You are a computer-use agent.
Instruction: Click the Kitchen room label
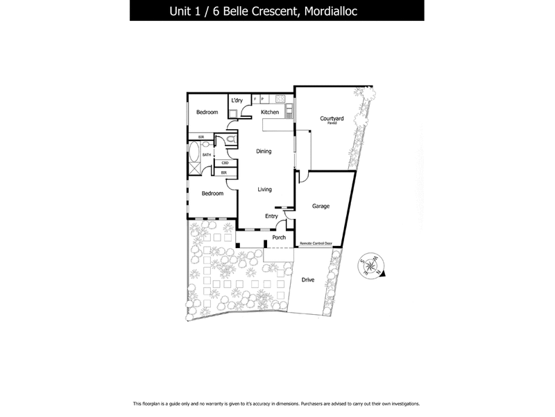pyautogui.click(x=270, y=112)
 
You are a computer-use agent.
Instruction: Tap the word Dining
pyautogui.click(x=264, y=151)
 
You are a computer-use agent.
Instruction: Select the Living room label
pyautogui.click(x=264, y=189)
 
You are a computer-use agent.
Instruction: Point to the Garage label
pyautogui.click(x=321, y=206)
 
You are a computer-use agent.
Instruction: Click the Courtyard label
pyautogui.click(x=332, y=119)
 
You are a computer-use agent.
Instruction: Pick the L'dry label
pyautogui.click(x=237, y=101)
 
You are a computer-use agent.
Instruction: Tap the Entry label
pyautogui.click(x=271, y=216)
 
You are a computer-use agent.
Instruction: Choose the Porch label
pyautogui.click(x=279, y=238)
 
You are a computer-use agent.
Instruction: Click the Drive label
pyautogui.click(x=308, y=279)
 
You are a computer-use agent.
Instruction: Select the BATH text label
pyautogui.click(x=207, y=154)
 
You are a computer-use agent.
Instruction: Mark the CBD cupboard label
pyautogui.click(x=225, y=163)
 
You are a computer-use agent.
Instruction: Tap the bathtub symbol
pyautogui.click(x=194, y=154)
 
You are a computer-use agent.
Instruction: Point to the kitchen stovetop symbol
pyautogui.click(x=280, y=98)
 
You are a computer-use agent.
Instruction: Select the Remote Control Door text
pyautogui.click(x=316, y=244)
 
